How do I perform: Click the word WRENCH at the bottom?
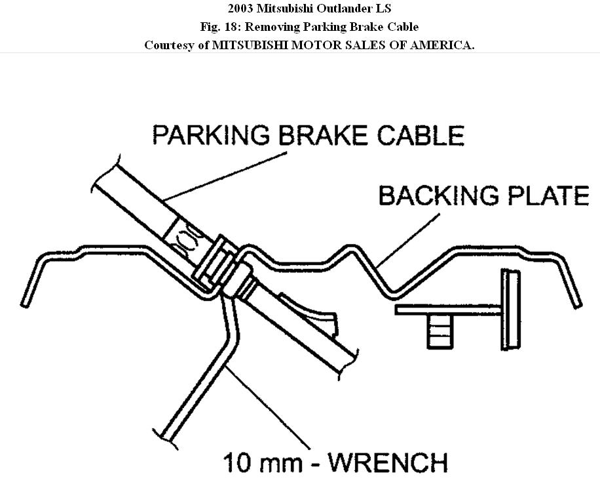click(x=388, y=462)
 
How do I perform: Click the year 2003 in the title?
click(x=240, y=9)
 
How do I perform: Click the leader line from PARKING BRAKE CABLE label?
click(x=226, y=176)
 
